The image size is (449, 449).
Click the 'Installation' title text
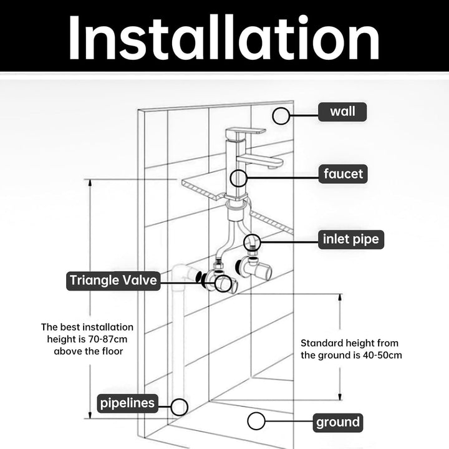(x=224, y=37)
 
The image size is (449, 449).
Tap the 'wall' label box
(x=342, y=112)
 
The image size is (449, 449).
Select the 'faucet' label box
(x=343, y=174)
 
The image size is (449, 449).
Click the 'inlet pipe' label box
(x=350, y=239)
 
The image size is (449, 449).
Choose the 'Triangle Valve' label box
(x=113, y=281)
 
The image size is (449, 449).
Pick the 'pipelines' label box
(x=127, y=403)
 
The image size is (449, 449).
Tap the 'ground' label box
(x=338, y=423)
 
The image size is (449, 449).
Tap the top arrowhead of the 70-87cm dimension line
(x=90, y=183)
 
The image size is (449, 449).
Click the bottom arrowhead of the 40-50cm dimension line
(x=340, y=397)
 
